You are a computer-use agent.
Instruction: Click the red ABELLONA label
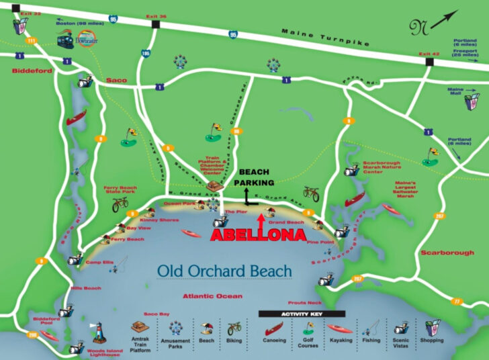pos(258,236)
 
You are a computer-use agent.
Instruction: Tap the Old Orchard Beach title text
pos(224,271)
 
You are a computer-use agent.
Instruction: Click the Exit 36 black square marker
pos(156,24)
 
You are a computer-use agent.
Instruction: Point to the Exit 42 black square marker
pos(429,62)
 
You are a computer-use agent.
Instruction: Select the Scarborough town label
pos(447,253)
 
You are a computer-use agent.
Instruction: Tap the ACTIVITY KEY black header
pos(302,314)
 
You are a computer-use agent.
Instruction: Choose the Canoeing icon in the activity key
pos(275,328)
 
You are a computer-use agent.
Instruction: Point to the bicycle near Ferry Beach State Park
pos(120,204)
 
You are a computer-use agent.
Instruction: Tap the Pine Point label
pos(320,242)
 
